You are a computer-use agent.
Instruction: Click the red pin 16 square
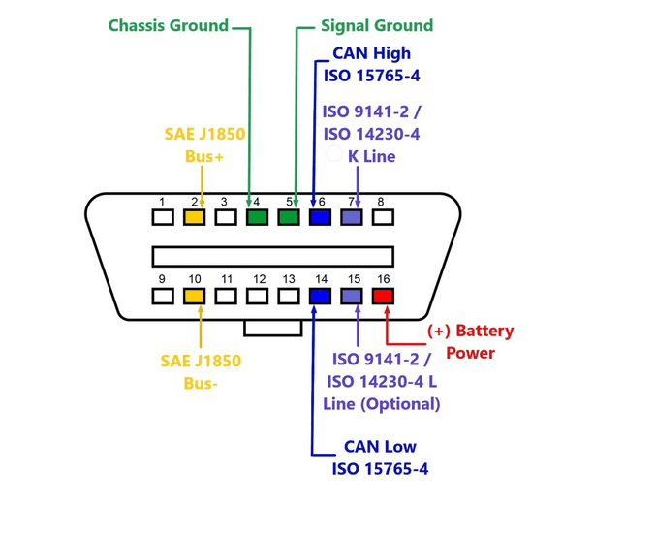point(383,297)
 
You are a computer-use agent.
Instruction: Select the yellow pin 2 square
point(194,217)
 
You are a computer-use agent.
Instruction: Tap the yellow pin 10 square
point(194,297)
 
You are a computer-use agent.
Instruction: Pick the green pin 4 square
point(257,217)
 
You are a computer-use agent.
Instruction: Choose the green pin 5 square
point(288,217)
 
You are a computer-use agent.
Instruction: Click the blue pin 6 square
point(320,217)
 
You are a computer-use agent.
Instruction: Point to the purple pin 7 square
point(351,217)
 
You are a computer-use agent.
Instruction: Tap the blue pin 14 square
point(320,297)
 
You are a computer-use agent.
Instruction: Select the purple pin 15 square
point(351,297)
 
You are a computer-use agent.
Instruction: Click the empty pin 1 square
point(163,217)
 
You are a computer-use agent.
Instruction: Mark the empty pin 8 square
point(383,217)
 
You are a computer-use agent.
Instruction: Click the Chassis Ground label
point(168,25)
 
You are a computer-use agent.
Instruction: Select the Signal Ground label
point(377,25)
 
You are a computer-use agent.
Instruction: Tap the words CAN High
point(371,53)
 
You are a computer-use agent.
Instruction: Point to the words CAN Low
point(379,448)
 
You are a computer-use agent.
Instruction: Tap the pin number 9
point(162,279)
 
